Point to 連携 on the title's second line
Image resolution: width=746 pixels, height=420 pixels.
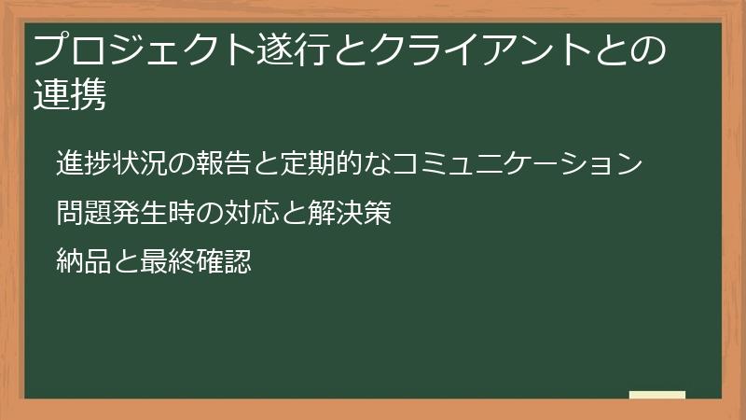[70, 95]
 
